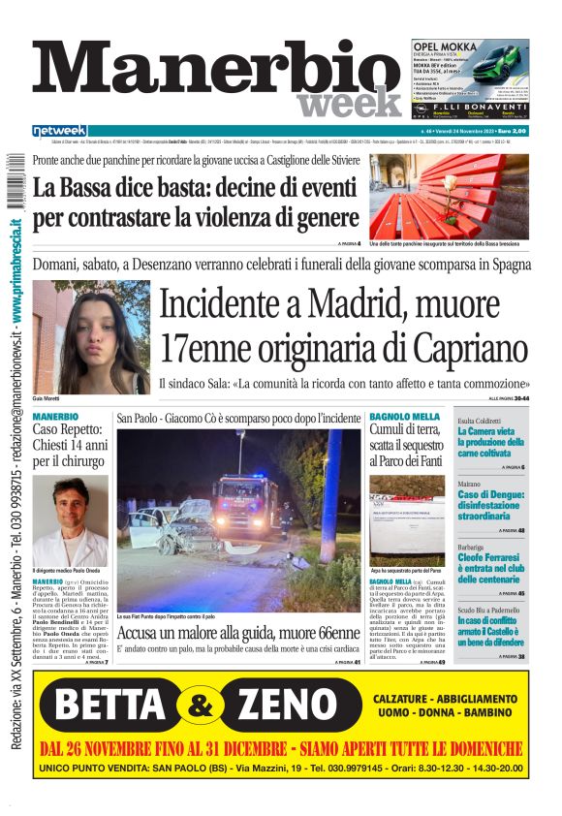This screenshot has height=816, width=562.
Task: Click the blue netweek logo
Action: (x=59, y=131)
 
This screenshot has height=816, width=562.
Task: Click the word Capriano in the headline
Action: (x=453, y=348)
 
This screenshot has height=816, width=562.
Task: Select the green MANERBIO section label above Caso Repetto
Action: (x=56, y=417)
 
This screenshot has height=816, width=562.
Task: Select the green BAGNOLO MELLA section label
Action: (x=404, y=417)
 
